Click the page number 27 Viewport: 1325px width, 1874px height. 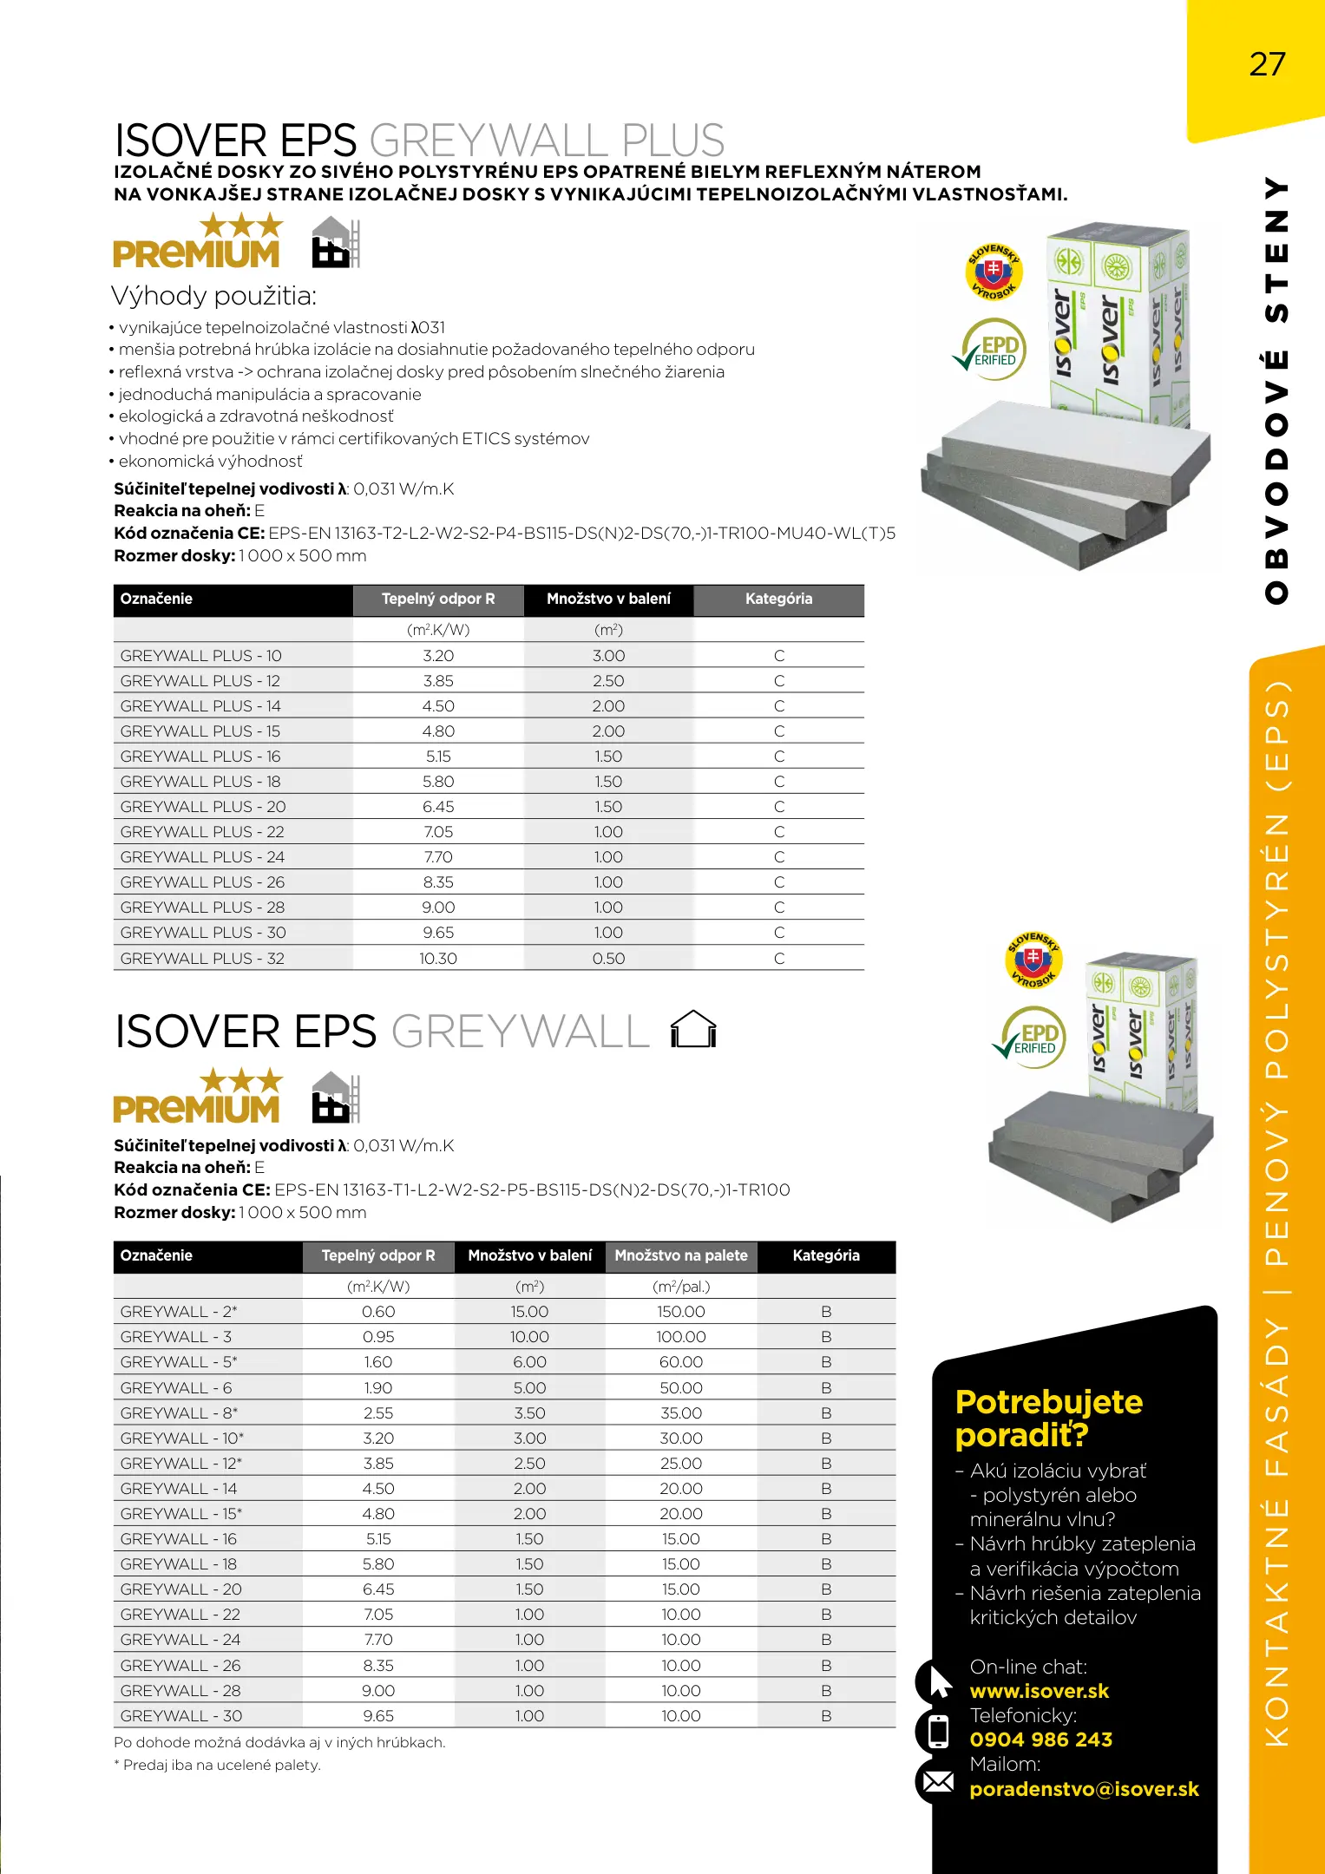pos(1267,65)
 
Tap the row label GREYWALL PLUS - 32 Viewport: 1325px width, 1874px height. pos(202,959)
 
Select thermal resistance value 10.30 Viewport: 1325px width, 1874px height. pos(438,959)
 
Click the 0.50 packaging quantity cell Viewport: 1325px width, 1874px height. pos(608,959)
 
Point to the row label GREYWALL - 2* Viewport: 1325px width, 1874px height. pos(179,1312)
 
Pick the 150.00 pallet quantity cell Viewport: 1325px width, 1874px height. pos(681,1312)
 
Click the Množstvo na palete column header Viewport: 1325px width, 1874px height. pos(681,1255)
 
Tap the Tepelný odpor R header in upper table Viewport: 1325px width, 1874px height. pos(438,599)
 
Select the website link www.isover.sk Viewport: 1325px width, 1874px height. pos(1039,1691)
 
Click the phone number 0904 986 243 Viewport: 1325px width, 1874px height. pos(1040,1740)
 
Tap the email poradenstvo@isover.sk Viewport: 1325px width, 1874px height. pos(1084,1789)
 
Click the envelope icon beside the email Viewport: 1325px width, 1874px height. pos(937,1782)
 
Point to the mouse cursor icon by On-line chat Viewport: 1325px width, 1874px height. pos(939,1681)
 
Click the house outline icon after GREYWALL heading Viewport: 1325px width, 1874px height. pos(693,1030)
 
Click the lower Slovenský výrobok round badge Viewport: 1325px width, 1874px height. pos(1033,959)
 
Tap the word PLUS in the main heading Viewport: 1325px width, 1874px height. pos(672,141)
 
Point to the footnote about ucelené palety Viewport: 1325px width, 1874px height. pos(218,1765)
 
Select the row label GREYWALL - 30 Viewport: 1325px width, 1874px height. pos(181,1716)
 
